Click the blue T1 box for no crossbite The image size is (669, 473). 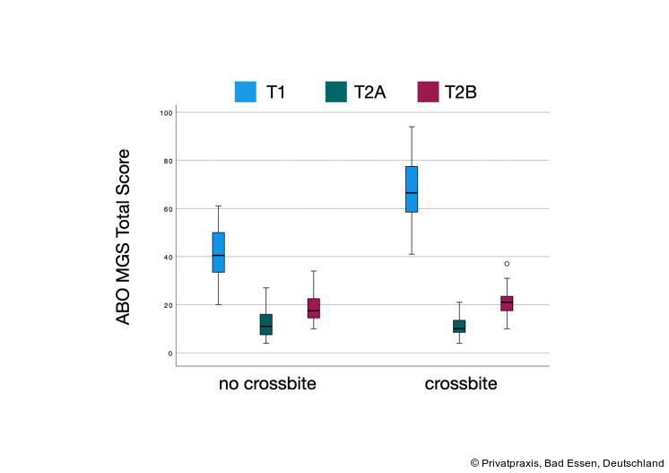click(x=218, y=252)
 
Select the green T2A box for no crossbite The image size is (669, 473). click(x=266, y=324)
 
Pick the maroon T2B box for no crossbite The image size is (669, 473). click(x=314, y=308)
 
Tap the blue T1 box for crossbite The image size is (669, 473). click(x=412, y=188)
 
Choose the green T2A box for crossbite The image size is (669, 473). click(x=459, y=326)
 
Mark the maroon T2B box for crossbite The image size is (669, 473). click(x=507, y=303)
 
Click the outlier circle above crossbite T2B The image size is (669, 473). click(x=507, y=264)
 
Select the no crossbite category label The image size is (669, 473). click(x=267, y=384)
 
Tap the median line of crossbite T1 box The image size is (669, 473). click(x=412, y=193)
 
